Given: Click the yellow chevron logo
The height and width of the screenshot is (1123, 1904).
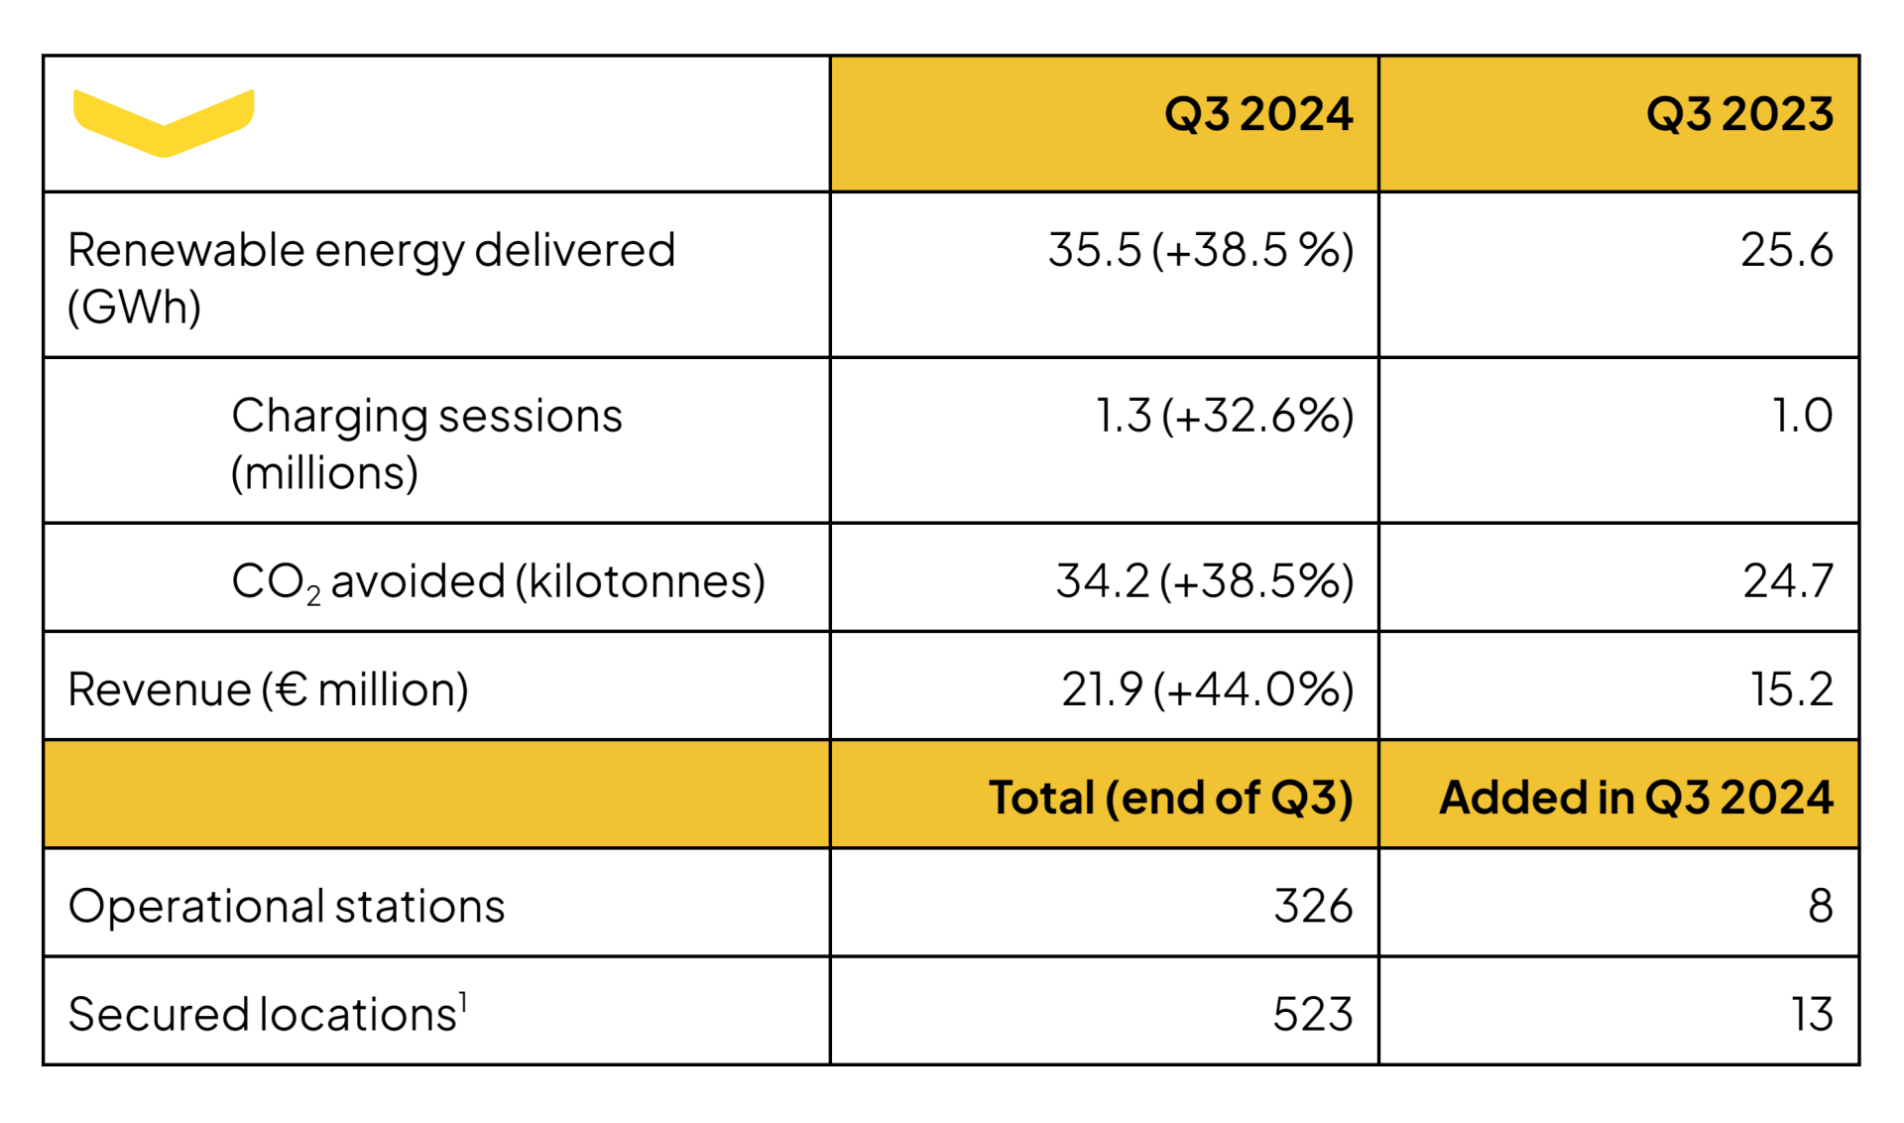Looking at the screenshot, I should coord(164,122).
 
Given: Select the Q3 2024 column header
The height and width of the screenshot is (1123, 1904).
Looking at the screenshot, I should coord(1257,115).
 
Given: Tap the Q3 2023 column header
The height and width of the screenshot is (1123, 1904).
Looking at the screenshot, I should coord(1739,115).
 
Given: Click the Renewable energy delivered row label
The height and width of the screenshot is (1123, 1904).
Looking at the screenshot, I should coord(371,278).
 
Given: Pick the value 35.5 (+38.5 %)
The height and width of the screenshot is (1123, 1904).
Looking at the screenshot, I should coord(1201,250).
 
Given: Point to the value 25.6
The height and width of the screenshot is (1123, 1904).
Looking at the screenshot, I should coord(1786,250).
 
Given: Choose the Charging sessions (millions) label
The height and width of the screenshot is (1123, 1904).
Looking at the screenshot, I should coord(426,443).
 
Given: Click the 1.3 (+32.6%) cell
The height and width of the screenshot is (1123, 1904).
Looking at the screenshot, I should coord(1225,416).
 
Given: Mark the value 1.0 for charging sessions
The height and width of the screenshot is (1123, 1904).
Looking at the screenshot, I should coord(1802,416).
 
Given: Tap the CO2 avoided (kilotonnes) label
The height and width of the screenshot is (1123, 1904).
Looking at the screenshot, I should coord(498,581).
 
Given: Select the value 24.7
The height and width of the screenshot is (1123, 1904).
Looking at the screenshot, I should coord(1788,581).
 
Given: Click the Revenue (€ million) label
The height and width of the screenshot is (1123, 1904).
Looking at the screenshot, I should coord(268,689).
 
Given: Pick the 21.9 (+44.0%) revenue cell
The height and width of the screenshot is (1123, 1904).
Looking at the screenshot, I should coord(1207,689).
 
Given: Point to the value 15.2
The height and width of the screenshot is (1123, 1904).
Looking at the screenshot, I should coord(1791,689).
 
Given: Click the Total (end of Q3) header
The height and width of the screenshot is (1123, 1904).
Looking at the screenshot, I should coord(1170,798).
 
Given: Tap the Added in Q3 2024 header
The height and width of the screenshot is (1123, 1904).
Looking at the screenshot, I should coord(1636,798).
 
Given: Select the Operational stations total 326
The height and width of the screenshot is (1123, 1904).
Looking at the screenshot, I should coord(1313,906).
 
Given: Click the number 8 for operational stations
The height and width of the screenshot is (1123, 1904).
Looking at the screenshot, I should coord(1820,906).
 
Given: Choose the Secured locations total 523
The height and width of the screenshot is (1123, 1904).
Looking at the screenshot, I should coord(1313,1014).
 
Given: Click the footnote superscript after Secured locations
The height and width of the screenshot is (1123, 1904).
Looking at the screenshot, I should coord(463,1002).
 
